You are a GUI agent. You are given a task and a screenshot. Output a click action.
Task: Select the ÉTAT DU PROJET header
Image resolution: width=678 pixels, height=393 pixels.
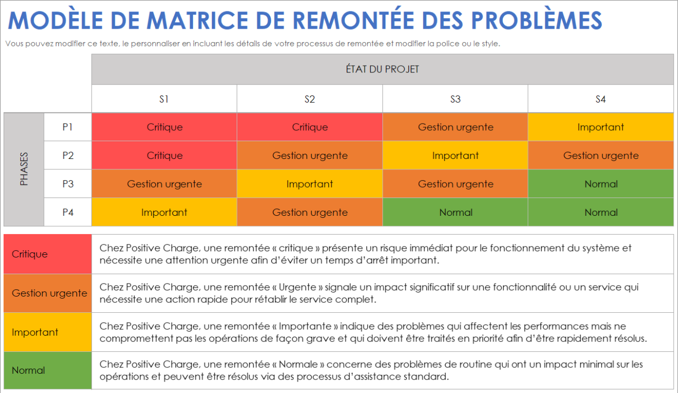pyautogui.click(x=382, y=69)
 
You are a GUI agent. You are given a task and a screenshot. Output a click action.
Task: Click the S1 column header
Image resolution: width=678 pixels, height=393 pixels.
pyautogui.click(x=164, y=99)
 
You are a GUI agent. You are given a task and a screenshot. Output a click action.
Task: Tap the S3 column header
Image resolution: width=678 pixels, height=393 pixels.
pyautogui.click(x=455, y=99)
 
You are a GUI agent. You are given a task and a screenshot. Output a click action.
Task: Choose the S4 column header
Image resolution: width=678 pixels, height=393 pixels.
pyautogui.click(x=601, y=99)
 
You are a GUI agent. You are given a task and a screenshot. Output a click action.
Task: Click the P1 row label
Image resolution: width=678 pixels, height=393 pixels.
pyautogui.click(x=68, y=127)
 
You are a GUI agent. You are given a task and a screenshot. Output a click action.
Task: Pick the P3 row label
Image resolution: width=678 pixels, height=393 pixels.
pyautogui.click(x=68, y=184)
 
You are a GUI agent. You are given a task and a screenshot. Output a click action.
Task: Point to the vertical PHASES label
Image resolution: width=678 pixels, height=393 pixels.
pyautogui.click(x=24, y=169)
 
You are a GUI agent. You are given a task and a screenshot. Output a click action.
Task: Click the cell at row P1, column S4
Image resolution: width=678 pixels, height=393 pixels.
pyautogui.click(x=601, y=127)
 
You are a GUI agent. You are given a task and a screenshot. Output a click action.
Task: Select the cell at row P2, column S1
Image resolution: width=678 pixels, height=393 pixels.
pyautogui.click(x=164, y=155)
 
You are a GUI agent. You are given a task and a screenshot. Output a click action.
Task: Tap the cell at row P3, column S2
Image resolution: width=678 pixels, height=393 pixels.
pyautogui.click(x=310, y=184)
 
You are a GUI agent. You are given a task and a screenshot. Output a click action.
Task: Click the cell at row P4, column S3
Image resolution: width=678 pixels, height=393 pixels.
pyautogui.click(x=455, y=212)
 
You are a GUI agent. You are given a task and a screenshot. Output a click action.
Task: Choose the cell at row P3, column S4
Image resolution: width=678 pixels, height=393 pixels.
pyautogui.click(x=601, y=184)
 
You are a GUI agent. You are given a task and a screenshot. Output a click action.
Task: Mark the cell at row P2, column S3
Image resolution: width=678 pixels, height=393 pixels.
pyautogui.click(x=455, y=155)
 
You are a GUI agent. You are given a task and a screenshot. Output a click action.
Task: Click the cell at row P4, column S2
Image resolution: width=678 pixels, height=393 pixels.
pyautogui.click(x=310, y=212)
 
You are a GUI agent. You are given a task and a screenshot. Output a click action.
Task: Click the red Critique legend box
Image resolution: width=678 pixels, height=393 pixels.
pyautogui.click(x=47, y=254)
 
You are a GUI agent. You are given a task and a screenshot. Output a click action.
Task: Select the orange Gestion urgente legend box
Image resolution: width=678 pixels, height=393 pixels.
pyautogui.click(x=47, y=293)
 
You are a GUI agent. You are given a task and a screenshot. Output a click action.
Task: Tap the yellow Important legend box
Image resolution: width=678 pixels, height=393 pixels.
pyautogui.click(x=47, y=332)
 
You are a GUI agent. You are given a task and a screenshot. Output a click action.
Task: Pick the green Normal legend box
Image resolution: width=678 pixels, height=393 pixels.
pyautogui.click(x=47, y=371)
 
